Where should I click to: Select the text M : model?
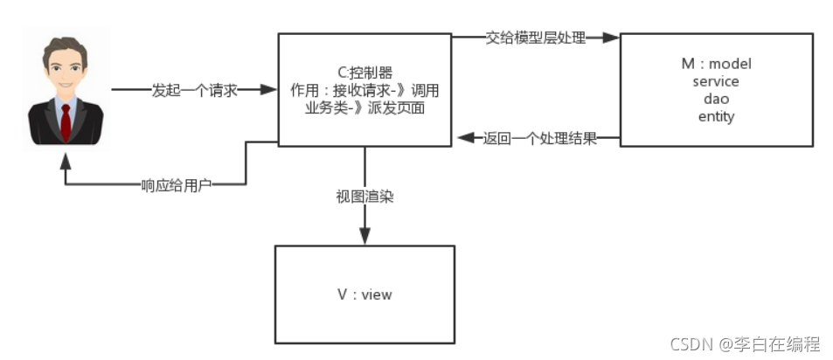click(x=716, y=64)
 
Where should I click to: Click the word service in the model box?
click(x=716, y=81)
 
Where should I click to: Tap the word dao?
click(x=716, y=99)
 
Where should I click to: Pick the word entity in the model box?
click(x=716, y=116)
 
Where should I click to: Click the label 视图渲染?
click(x=364, y=197)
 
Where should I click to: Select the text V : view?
click(x=364, y=294)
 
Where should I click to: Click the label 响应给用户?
click(x=176, y=185)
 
